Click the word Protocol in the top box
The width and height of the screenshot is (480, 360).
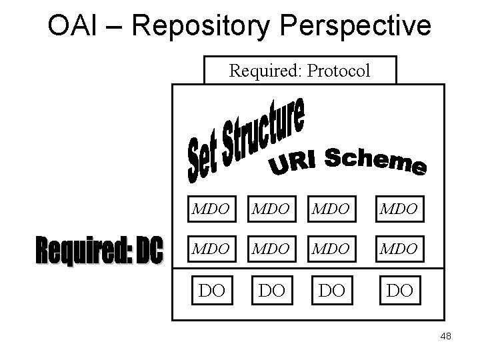click(337, 71)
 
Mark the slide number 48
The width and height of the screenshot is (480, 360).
click(445, 337)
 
